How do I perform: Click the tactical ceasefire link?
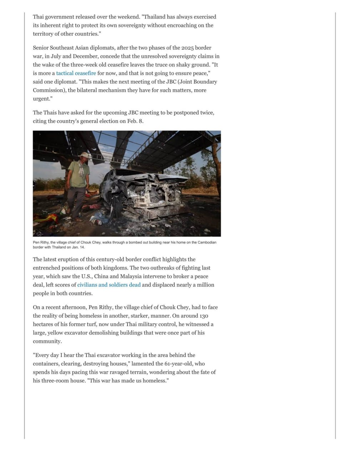coord(76,73)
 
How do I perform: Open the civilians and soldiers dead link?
coord(109,285)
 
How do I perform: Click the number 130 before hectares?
coord(204,316)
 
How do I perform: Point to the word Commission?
coord(49,90)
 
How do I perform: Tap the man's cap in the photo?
coord(84,155)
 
